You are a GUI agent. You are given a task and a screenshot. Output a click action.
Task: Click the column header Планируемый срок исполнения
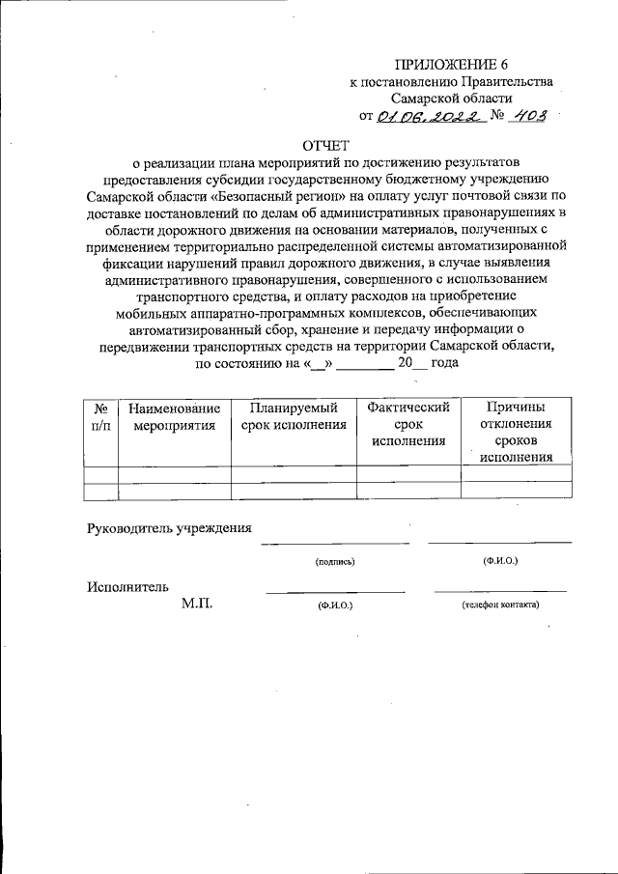(293, 416)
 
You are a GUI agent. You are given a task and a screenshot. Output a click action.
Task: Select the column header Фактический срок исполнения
(409, 424)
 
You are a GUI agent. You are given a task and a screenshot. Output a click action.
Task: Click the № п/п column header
(100, 416)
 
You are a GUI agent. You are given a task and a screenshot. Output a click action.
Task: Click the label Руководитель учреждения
(169, 528)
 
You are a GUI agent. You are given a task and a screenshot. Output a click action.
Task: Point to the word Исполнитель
(128, 586)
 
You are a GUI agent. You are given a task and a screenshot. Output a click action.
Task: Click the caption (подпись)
(334, 561)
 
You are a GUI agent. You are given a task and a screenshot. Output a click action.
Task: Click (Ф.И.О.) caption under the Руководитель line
(500, 561)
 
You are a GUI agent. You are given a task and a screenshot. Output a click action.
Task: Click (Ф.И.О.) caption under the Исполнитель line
(334, 606)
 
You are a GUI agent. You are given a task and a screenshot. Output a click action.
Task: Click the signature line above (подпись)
(334, 543)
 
